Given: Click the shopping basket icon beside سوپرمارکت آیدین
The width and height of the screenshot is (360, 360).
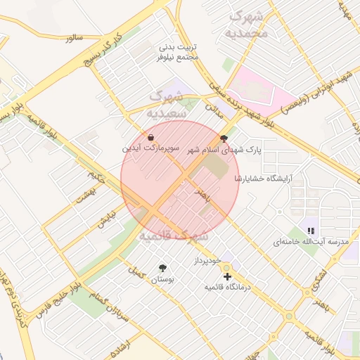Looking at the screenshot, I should [x=153, y=137].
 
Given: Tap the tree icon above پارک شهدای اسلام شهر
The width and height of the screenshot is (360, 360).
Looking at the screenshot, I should [x=224, y=139].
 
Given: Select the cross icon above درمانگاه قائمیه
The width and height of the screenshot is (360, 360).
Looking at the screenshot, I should [x=226, y=276].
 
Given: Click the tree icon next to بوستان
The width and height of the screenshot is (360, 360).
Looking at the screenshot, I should [x=163, y=268].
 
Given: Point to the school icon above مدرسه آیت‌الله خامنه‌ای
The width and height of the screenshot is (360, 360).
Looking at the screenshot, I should [x=310, y=230].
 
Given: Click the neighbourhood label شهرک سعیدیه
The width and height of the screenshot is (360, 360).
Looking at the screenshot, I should [x=167, y=103].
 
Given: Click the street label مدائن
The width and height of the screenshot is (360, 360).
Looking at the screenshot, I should [x=213, y=110].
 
